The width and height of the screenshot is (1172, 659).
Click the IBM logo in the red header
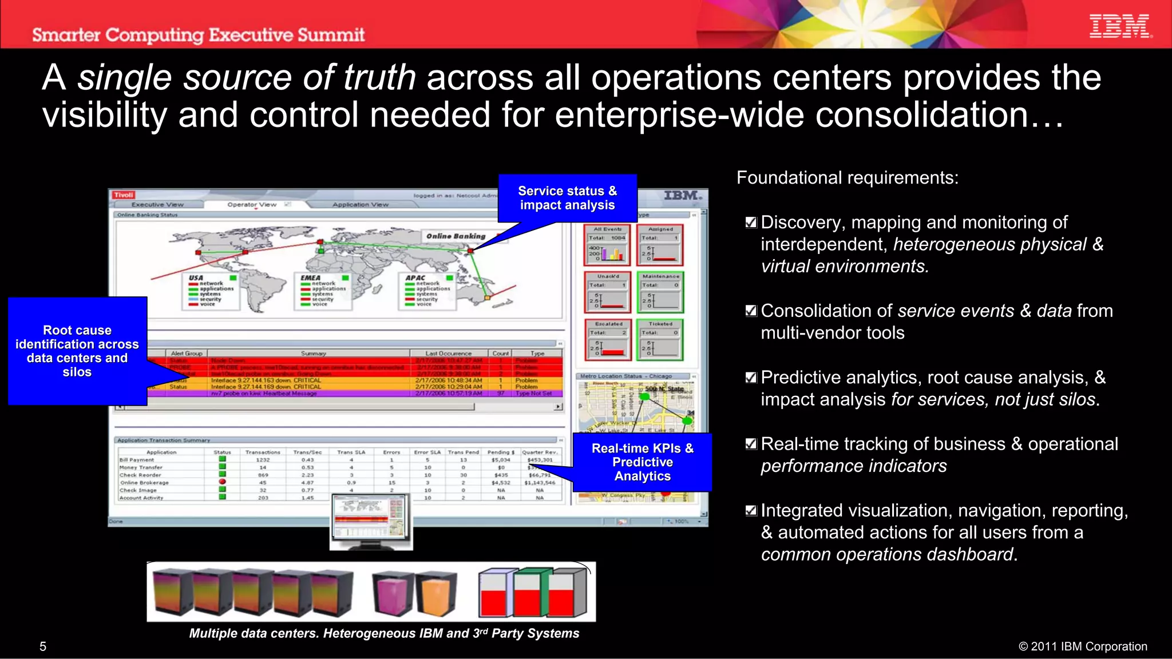[1120, 26]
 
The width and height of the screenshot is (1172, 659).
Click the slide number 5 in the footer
[43, 646]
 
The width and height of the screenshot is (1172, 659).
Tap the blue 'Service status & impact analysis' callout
[567, 198]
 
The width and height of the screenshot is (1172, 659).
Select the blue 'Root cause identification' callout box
[77, 351]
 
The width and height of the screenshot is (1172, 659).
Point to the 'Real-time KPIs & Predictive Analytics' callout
[642, 462]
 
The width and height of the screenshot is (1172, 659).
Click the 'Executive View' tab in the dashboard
[157, 205]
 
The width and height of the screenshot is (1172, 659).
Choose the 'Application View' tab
[360, 205]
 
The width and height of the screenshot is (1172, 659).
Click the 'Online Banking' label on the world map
[456, 236]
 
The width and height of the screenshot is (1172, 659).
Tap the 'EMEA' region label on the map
[311, 278]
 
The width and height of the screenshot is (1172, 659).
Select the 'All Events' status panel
[607, 245]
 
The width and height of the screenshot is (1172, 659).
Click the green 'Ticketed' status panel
[660, 340]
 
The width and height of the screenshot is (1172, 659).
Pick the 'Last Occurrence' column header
[448, 354]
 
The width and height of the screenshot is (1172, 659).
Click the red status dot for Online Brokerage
[223, 482]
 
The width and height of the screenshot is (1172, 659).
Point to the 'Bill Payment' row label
[137, 460]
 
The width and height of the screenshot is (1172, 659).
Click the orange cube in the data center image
[437, 593]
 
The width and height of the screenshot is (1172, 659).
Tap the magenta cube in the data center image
[393, 593]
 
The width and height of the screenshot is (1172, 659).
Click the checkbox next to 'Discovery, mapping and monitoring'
[751, 223]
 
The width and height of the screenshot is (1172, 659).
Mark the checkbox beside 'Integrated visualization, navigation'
[751, 511]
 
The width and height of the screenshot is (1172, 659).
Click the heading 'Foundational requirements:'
[847, 178]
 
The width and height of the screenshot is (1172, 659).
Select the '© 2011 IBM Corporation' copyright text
[1083, 646]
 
